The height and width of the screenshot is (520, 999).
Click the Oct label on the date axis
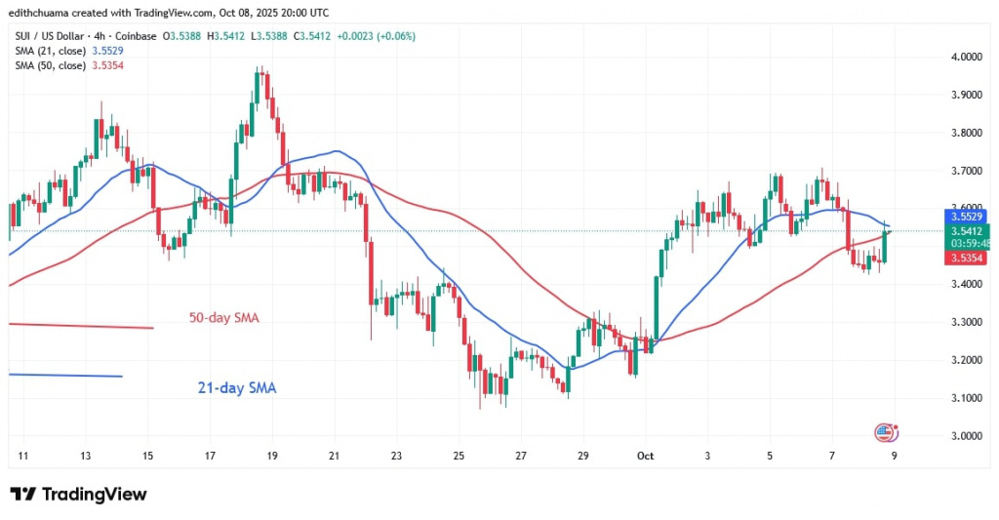tap(645, 456)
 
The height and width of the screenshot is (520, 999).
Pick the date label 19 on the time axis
tap(272, 456)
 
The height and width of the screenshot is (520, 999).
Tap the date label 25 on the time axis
tap(460, 456)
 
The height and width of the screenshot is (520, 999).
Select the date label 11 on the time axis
tap(23, 456)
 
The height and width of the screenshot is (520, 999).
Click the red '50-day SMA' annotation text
tap(222, 318)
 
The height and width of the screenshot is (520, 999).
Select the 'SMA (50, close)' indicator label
tap(50, 64)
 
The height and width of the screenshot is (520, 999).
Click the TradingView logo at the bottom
tap(78, 495)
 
